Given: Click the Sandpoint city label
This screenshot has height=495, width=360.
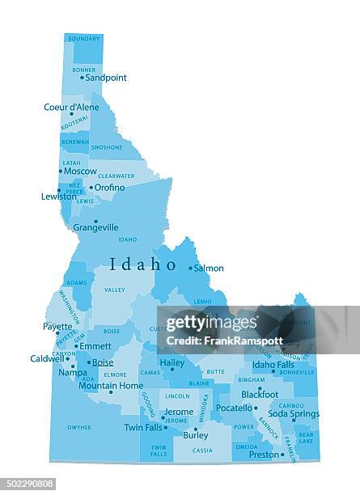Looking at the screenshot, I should click(x=106, y=78).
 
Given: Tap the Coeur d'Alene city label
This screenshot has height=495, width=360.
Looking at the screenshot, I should click(x=71, y=107).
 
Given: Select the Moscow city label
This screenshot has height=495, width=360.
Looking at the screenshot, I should click(x=80, y=171).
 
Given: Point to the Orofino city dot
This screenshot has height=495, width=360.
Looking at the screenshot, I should click(x=91, y=188).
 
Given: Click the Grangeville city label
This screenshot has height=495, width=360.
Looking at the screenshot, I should click(x=95, y=227).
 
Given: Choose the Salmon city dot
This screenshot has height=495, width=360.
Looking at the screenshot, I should click(x=191, y=268).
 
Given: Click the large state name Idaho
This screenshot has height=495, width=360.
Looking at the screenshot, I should click(x=142, y=264).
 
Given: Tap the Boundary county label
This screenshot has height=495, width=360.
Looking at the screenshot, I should click(x=84, y=38).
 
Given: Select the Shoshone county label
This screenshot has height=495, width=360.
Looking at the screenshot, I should click(x=107, y=147).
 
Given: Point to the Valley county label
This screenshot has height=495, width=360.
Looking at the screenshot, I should click(x=115, y=290).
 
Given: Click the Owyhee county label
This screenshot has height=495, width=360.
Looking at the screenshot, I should click(x=79, y=427).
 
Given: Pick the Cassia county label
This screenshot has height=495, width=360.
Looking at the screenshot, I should click(x=202, y=451).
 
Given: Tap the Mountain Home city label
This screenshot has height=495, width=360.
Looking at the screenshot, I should click(x=111, y=386).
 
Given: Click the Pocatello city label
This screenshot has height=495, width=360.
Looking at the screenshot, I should click(x=235, y=408).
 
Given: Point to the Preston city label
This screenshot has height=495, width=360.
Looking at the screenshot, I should click(x=264, y=455).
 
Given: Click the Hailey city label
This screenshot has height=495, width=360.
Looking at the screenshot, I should click(x=172, y=363).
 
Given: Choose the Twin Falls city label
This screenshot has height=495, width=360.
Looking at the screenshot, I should click(x=143, y=427).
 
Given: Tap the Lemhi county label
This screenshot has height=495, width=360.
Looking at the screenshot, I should click(x=202, y=301).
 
